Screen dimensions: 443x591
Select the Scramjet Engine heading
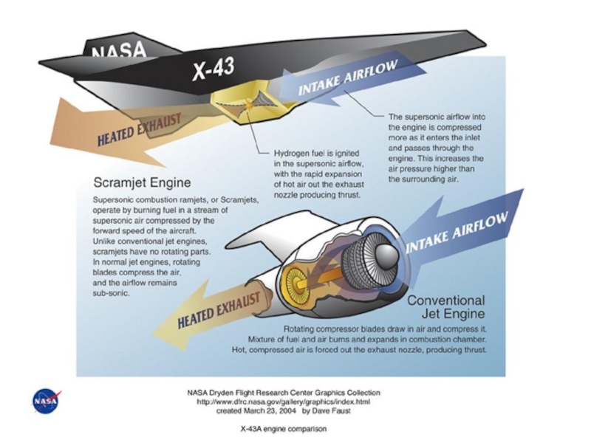pos(143,182)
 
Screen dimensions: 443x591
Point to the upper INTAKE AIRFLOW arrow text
pos(348,80)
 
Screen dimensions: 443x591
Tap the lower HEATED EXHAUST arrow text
pos(218,311)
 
